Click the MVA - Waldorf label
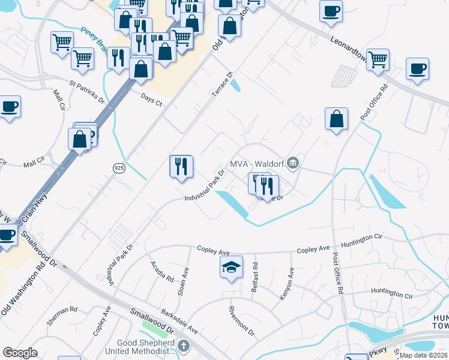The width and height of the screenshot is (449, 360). click(x=256, y=164)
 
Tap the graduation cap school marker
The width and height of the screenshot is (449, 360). click(x=231, y=268)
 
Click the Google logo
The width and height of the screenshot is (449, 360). click(x=20, y=353)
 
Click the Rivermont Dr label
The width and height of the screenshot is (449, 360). click(x=242, y=322)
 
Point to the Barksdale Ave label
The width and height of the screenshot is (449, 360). click(x=179, y=322)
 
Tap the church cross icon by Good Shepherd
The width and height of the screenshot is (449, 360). click(x=184, y=346)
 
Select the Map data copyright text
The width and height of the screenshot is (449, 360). click(x=424, y=355)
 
